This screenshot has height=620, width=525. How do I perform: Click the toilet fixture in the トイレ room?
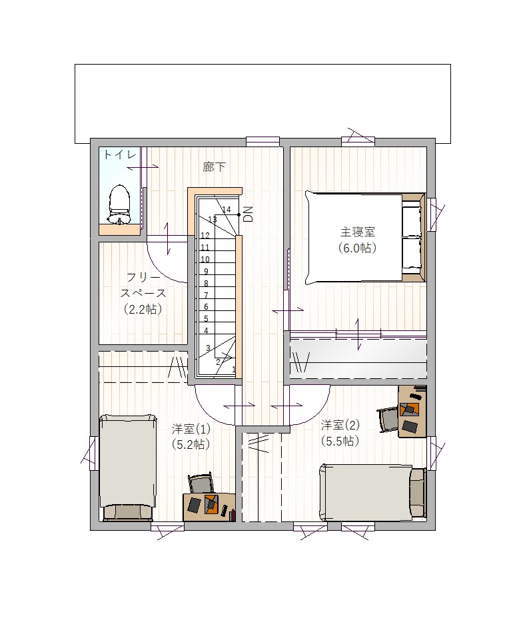(x=119, y=205)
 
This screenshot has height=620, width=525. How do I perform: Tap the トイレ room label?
(x=120, y=155)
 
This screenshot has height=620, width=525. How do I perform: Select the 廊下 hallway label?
(x=214, y=167)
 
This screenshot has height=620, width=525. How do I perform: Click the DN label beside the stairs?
(x=248, y=214)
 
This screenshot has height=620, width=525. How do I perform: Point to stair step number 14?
(x=227, y=210)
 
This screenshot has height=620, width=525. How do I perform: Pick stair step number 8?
(x=206, y=283)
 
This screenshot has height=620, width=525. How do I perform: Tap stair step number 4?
(x=206, y=330)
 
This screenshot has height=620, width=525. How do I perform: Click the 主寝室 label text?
(x=357, y=231)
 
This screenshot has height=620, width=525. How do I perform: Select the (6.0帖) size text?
(x=357, y=248)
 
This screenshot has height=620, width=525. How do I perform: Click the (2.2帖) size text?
(x=143, y=309)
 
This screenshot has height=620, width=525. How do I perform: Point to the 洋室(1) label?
(x=191, y=429)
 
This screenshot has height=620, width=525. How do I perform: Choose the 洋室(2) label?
(x=340, y=425)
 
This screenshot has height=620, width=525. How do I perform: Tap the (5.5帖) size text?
(x=340, y=441)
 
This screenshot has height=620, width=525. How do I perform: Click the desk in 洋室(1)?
(x=209, y=507)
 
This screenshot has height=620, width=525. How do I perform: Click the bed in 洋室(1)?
(x=127, y=467)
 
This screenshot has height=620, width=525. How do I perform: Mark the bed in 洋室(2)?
(x=373, y=493)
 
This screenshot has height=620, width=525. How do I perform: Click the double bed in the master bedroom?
(x=365, y=237)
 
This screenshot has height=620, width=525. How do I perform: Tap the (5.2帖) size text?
(x=191, y=444)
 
